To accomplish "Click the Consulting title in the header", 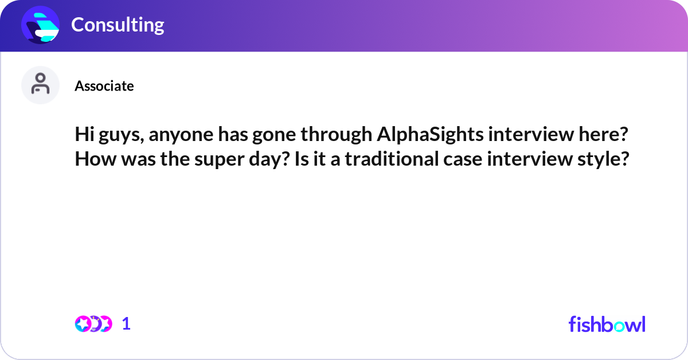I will pyautogui.click(x=118, y=25).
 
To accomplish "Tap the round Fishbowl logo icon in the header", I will pyautogui.click(x=41, y=25).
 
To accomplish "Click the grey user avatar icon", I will pyautogui.click(x=40, y=85).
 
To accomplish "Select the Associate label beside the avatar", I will pyautogui.click(x=104, y=86).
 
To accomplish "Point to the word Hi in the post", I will pyautogui.click(x=84, y=135).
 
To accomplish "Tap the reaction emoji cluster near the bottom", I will pyautogui.click(x=93, y=324).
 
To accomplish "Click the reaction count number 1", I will pyautogui.click(x=126, y=324).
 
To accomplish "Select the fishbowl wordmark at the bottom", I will pyautogui.click(x=607, y=324).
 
